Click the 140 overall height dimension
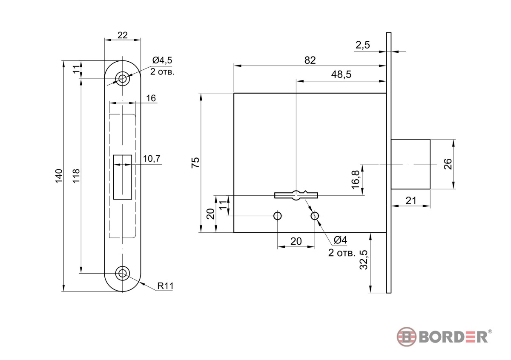coord(59,176)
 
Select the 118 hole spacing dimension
coord(76,176)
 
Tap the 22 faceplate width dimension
coord(123,35)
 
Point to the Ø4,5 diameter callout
coord(162,60)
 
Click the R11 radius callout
coord(165,286)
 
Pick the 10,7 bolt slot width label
coord(152,158)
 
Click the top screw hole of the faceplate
coord(123,79)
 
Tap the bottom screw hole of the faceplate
coord(123,273)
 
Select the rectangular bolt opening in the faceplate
coord(123,177)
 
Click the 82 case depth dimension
coord(310,60)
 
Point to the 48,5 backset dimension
coord(341,74)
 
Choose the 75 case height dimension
coord(195,163)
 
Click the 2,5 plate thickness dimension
coord(363,45)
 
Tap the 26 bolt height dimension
coord(448,164)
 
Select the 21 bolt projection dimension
coord(411,201)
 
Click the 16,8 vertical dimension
coord(356,180)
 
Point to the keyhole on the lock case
coord(296,195)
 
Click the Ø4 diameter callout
coord(341,240)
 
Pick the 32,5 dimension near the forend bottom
coord(364,260)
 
